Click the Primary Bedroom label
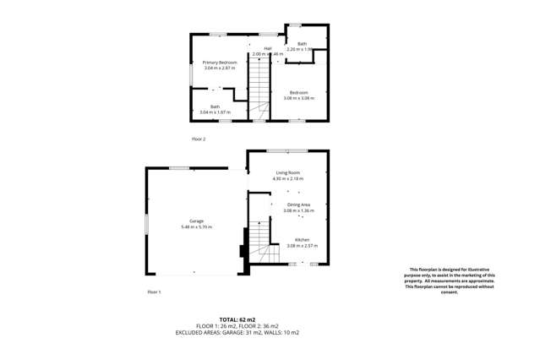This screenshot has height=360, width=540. pos(220,63)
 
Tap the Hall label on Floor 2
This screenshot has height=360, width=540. pos(267,49)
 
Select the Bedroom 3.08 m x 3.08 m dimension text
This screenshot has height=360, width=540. pos(302,98)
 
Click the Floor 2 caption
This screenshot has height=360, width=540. pos(199,139)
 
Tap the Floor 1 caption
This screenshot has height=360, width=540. pos(154,292)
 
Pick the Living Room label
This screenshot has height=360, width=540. pos(287,173)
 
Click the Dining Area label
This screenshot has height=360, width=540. pos(298,205)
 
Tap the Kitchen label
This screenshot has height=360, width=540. pos(302,240)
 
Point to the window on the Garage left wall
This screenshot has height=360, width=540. pos(147,225)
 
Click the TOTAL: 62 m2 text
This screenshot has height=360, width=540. pos(270,318)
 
